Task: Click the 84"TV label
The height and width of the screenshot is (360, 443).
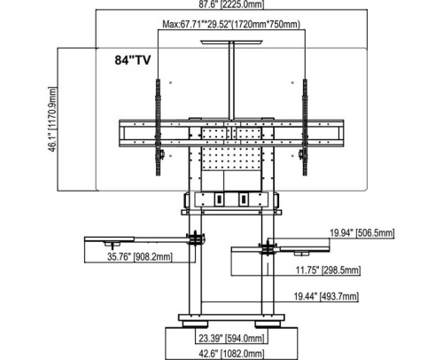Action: pyautogui.click(x=133, y=60)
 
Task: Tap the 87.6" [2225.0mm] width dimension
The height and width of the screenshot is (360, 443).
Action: pyautogui.click(x=231, y=4)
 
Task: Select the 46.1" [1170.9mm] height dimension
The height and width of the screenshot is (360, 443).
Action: pyautogui.click(x=52, y=120)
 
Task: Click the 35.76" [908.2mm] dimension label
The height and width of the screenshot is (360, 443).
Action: pyautogui.click(x=139, y=256)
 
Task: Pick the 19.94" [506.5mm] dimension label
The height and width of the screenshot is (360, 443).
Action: pyautogui.click(x=361, y=233)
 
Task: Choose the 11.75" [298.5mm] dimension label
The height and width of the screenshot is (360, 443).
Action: pyautogui.click(x=328, y=270)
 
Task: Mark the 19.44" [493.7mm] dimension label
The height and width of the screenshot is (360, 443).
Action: pyautogui.click(x=326, y=296)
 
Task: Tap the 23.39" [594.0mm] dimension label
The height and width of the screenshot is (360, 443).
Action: pyautogui.click(x=231, y=338)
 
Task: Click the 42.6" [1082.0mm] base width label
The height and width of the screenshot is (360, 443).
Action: pyautogui.click(x=231, y=354)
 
